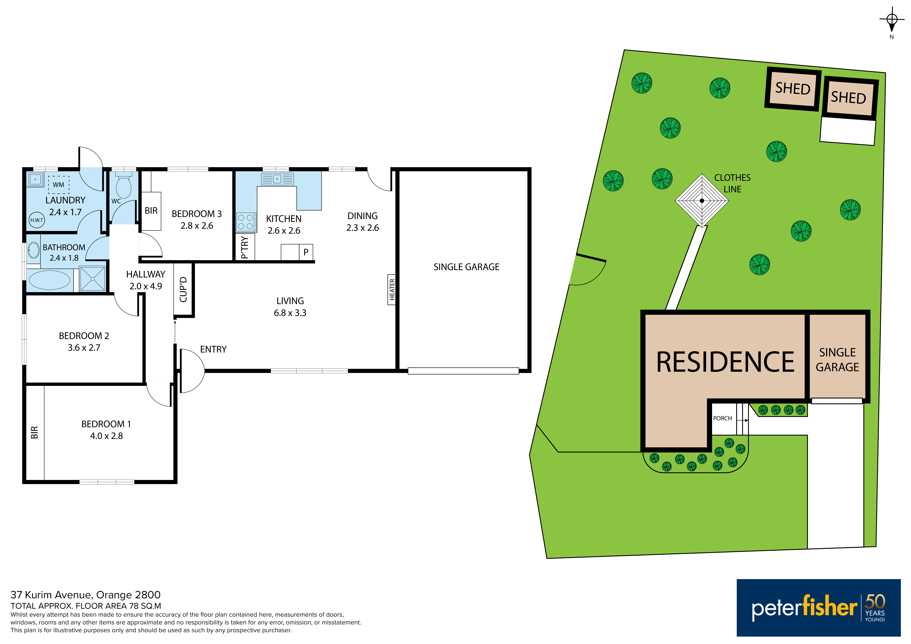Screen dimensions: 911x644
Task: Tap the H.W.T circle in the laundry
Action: click(x=37, y=220)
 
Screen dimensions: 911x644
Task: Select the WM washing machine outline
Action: click(x=59, y=185)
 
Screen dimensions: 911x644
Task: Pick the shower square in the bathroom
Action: click(x=92, y=279)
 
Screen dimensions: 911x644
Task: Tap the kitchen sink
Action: click(x=277, y=179)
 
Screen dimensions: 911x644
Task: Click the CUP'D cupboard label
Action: click(x=183, y=289)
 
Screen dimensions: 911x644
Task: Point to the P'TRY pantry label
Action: click(x=245, y=248)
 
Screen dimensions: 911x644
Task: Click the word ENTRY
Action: click(x=213, y=349)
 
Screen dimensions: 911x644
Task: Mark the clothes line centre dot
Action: click(x=702, y=201)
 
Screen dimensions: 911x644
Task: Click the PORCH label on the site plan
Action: click(x=723, y=418)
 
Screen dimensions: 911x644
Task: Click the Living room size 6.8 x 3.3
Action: click(x=290, y=313)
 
